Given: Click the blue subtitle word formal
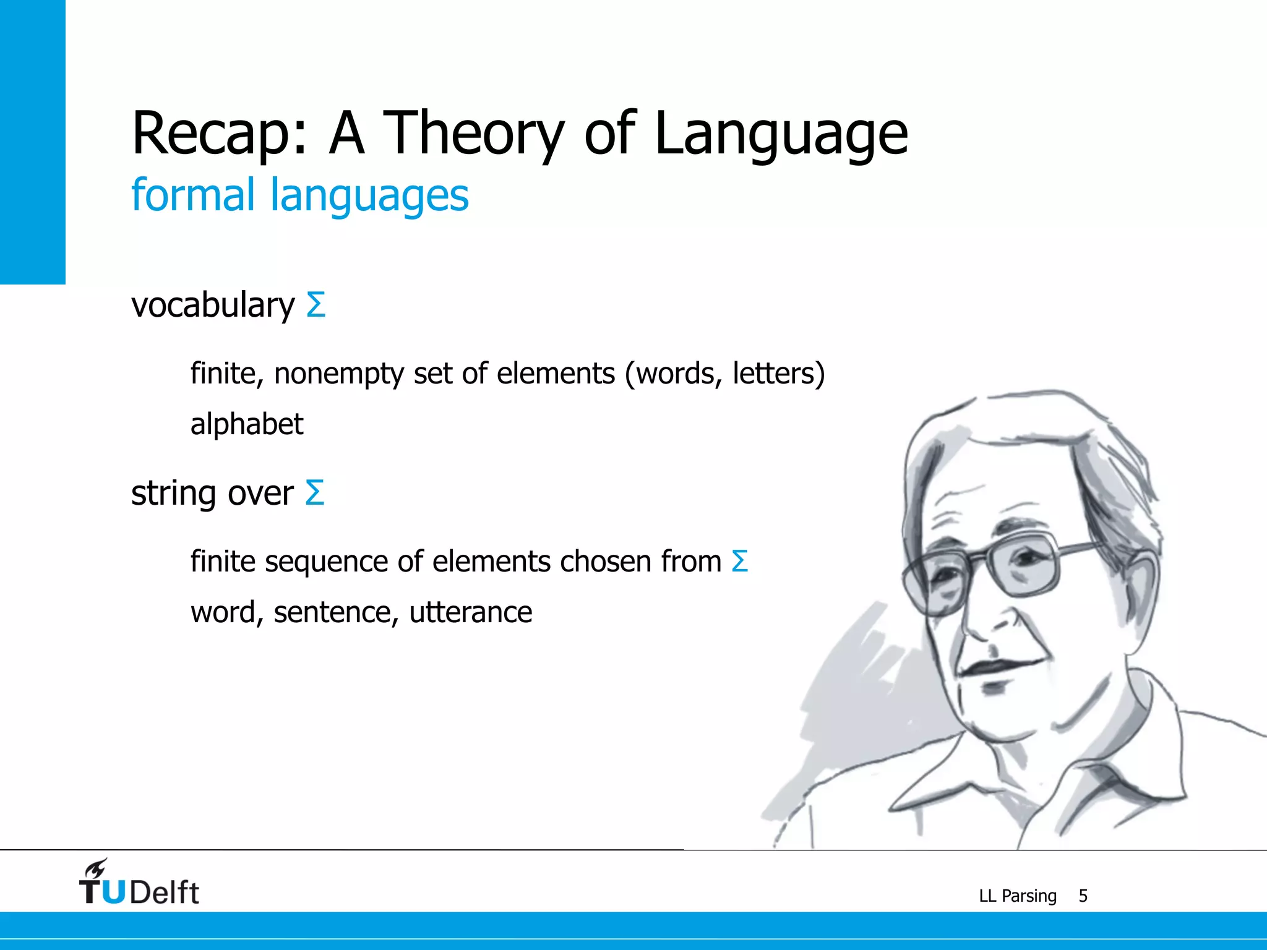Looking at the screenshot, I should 192,195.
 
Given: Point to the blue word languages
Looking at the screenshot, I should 369,197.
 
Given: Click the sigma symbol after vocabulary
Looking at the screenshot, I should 316,305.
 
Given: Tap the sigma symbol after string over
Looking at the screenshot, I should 315,493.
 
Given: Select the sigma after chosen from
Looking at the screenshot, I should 740,562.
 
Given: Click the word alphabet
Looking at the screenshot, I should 246,424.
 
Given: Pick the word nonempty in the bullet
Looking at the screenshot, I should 338,374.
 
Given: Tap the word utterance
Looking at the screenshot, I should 470,612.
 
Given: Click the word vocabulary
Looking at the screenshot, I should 213,306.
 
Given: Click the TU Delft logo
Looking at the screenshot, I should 139,884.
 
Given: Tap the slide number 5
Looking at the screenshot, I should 1083,896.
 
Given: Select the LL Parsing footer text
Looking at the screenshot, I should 1017,896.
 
